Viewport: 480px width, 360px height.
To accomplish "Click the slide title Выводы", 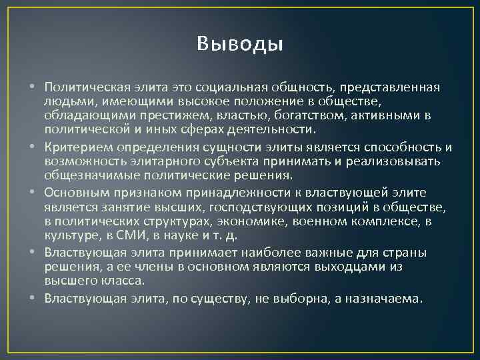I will (x=240, y=44).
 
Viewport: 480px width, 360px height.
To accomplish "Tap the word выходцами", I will (x=341, y=266).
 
